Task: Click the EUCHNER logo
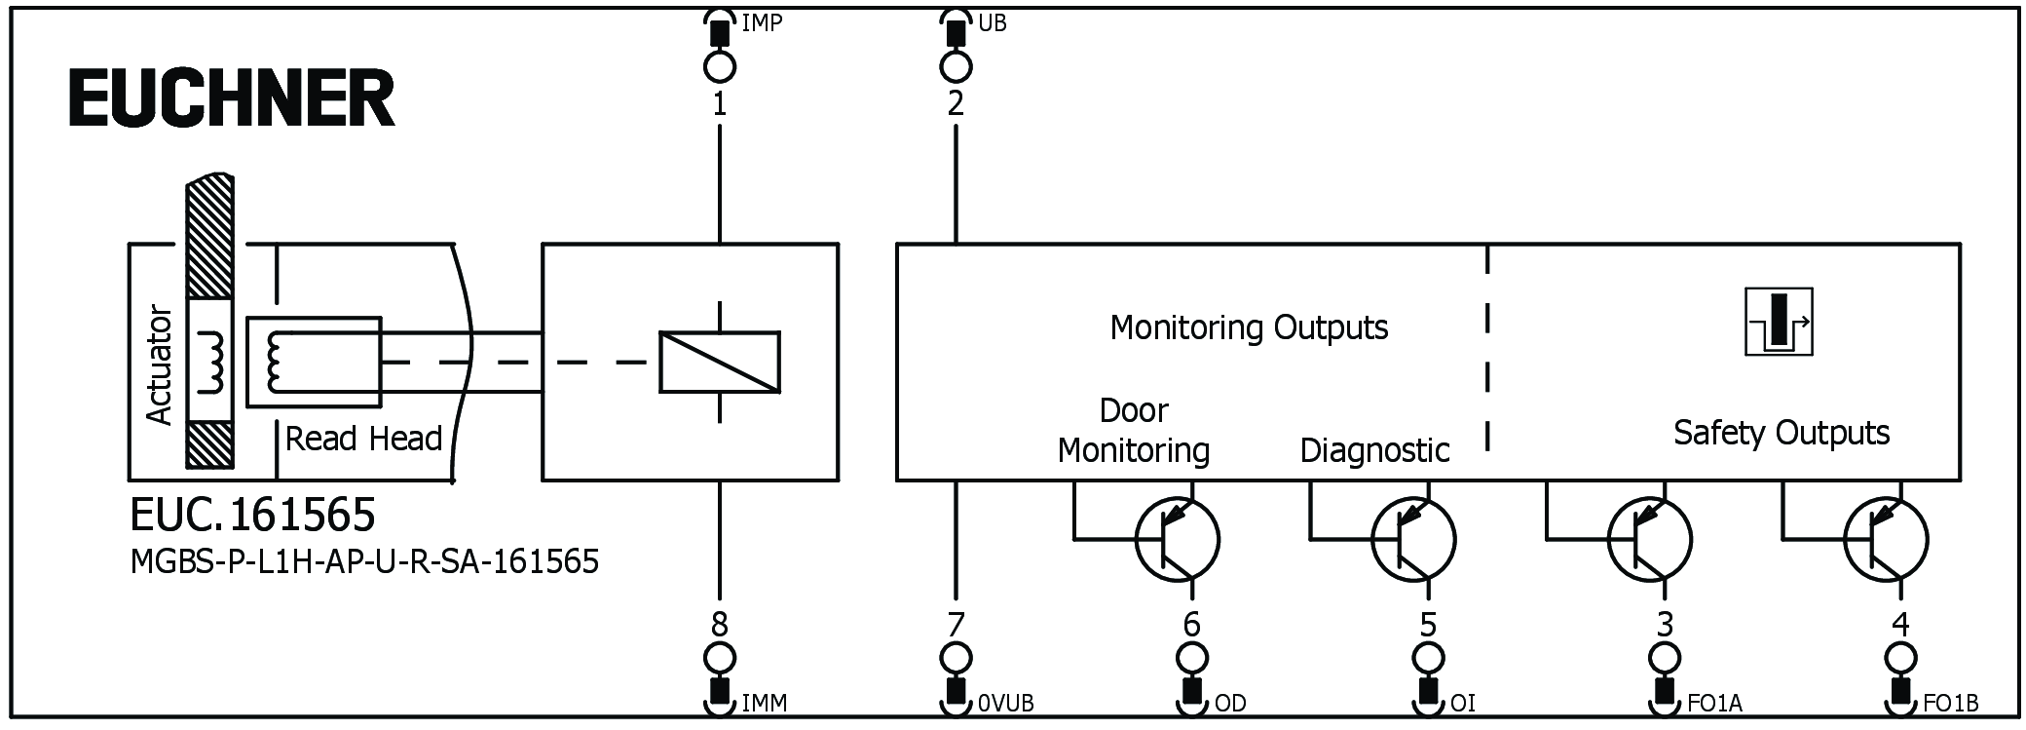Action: click(x=232, y=98)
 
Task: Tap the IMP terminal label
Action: click(x=762, y=22)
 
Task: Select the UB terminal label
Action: click(x=992, y=22)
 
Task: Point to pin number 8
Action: click(x=719, y=624)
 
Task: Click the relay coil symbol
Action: click(x=719, y=363)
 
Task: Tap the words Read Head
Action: click(x=363, y=439)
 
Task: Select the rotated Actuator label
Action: click(x=158, y=365)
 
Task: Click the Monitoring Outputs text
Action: click(x=1249, y=327)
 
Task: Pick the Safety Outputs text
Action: click(x=1781, y=433)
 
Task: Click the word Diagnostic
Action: click(x=1374, y=450)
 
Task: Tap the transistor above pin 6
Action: click(x=1177, y=539)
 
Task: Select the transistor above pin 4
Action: click(x=1886, y=539)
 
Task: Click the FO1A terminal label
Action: click(x=1714, y=703)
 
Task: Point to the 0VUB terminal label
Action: click(x=1005, y=703)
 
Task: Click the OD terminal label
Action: click(x=1230, y=703)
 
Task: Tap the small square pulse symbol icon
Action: click(x=1779, y=322)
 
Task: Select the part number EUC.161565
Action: click(x=252, y=514)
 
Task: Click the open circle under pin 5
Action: click(x=1428, y=657)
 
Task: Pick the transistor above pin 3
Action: click(x=1649, y=539)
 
